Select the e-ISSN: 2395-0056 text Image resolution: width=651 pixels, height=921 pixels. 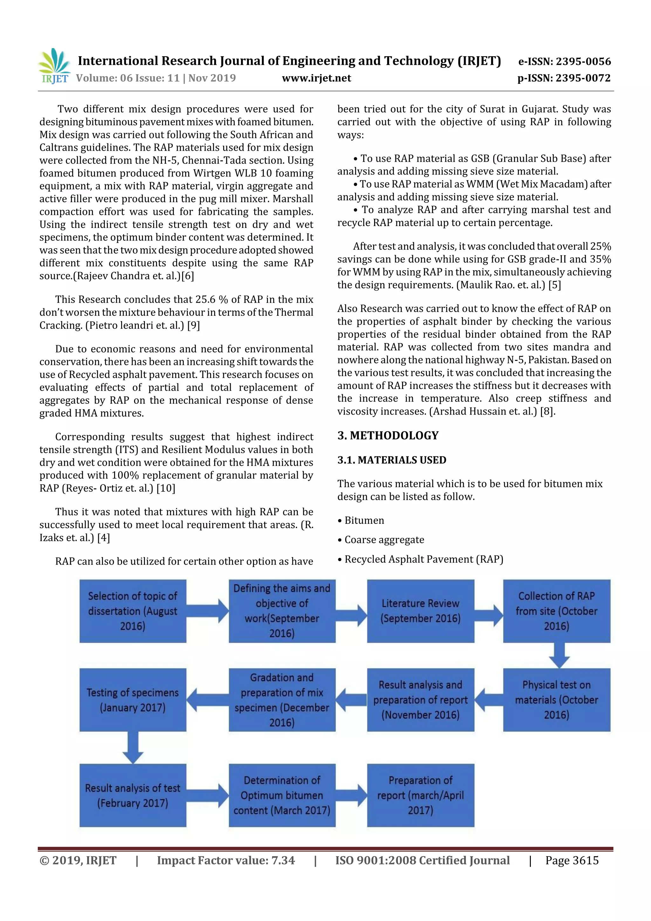[x=564, y=61]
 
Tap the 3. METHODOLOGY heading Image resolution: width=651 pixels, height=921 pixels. [x=388, y=435]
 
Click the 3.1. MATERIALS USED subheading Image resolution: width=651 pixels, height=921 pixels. [x=392, y=460]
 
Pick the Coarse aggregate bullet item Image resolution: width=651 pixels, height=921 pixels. [x=384, y=540]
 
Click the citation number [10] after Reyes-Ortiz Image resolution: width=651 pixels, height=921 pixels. [x=166, y=488]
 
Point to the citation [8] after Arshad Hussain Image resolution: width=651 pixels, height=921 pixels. [x=547, y=411]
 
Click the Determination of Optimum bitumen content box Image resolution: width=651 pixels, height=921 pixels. [x=282, y=795]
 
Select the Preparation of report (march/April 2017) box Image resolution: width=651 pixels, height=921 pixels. [x=420, y=795]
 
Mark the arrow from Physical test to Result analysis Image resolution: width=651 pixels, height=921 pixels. [x=489, y=700]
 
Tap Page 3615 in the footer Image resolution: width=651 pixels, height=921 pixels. [x=572, y=860]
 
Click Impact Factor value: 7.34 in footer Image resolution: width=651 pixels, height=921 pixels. [x=225, y=860]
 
